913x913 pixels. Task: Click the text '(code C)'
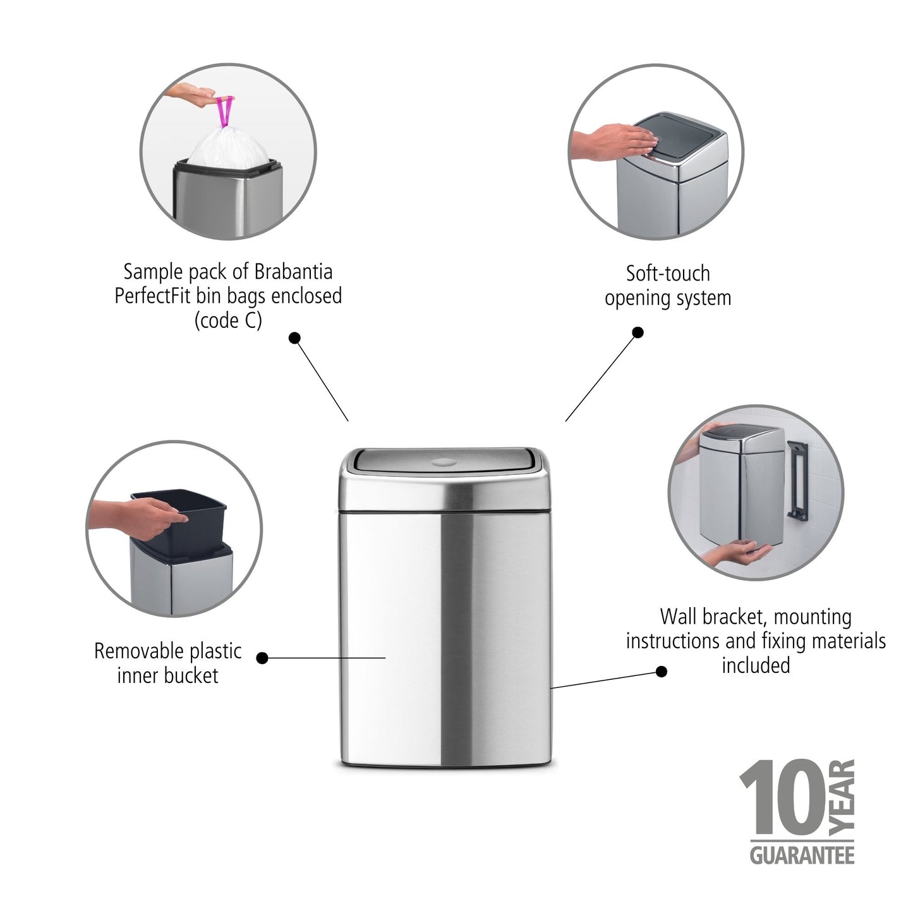(x=228, y=321)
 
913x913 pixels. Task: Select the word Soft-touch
(x=668, y=274)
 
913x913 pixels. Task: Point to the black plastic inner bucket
(x=180, y=519)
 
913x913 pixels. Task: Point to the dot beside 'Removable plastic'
(x=263, y=658)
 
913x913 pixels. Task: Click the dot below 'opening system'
(x=638, y=332)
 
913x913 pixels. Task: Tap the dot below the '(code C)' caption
(x=294, y=338)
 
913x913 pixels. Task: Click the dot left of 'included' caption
(x=662, y=671)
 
